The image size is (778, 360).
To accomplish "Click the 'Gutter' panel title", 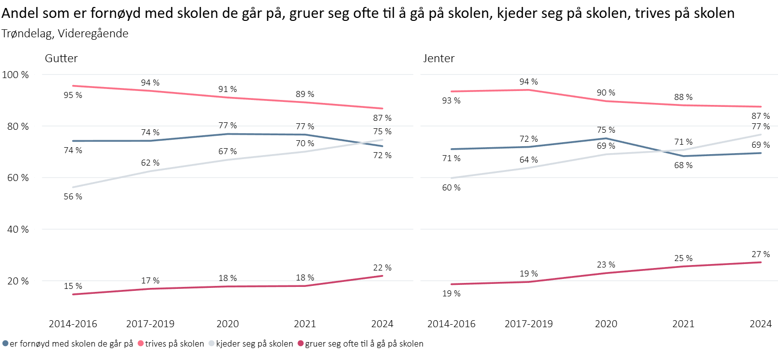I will click(x=61, y=59).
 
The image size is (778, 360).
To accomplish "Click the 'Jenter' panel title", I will click(x=439, y=59).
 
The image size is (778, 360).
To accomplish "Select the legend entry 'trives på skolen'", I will click(x=174, y=344).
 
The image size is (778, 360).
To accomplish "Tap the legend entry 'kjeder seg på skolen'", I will click(x=254, y=344).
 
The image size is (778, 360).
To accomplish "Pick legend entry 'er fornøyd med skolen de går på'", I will click(x=71, y=344).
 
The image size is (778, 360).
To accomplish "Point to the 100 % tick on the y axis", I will click(x=16, y=75).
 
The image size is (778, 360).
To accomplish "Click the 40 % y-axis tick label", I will click(x=16, y=229).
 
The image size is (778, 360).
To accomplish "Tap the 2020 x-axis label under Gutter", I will click(x=227, y=324).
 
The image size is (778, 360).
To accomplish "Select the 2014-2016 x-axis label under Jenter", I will click(x=451, y=324).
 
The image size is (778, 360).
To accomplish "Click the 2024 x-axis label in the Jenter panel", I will click(x=760, y=324).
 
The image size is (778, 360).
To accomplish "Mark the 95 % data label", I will click(x=73, y=95).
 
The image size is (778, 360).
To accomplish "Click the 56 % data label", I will click(x=73, y=196).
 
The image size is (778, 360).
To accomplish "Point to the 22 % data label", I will click(x=382, y=268).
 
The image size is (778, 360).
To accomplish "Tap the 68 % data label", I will click(x=683, y=165).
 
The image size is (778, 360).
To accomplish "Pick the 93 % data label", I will click(x=451, y=100).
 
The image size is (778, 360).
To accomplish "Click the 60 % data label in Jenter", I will click(x=451, y=187).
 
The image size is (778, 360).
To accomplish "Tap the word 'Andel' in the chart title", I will click(x=17, y=13).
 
